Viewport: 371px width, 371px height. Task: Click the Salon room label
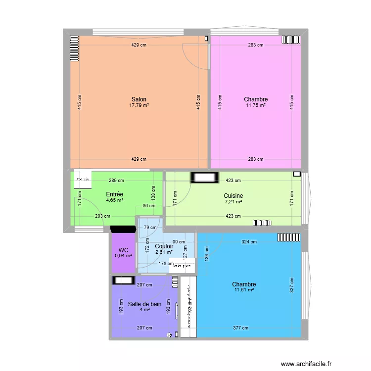[139, 99]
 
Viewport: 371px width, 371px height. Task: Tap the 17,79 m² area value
[139, 105]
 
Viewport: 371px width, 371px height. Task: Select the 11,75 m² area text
[256, 105]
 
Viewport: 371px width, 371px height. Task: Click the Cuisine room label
[233, 196]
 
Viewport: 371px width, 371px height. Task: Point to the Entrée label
[114, 194]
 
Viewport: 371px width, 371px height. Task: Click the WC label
[123, 249]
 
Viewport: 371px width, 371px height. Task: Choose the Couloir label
[164, 246]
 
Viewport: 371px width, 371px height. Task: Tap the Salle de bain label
[144, 304]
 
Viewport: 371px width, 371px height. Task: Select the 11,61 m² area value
[244, 290]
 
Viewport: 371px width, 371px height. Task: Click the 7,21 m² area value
[233, 202]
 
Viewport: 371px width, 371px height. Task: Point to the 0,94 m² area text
[123, 255]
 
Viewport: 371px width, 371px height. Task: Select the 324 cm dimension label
[249, 242]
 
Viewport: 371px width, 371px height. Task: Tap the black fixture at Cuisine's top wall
[205, 177]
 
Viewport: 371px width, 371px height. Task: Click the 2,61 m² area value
[164, 252]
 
